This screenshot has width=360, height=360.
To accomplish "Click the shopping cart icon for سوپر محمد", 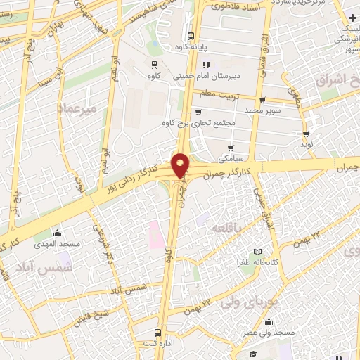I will click(x=262, y=100).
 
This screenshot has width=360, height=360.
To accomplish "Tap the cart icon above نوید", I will click(x=306, y=134).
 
